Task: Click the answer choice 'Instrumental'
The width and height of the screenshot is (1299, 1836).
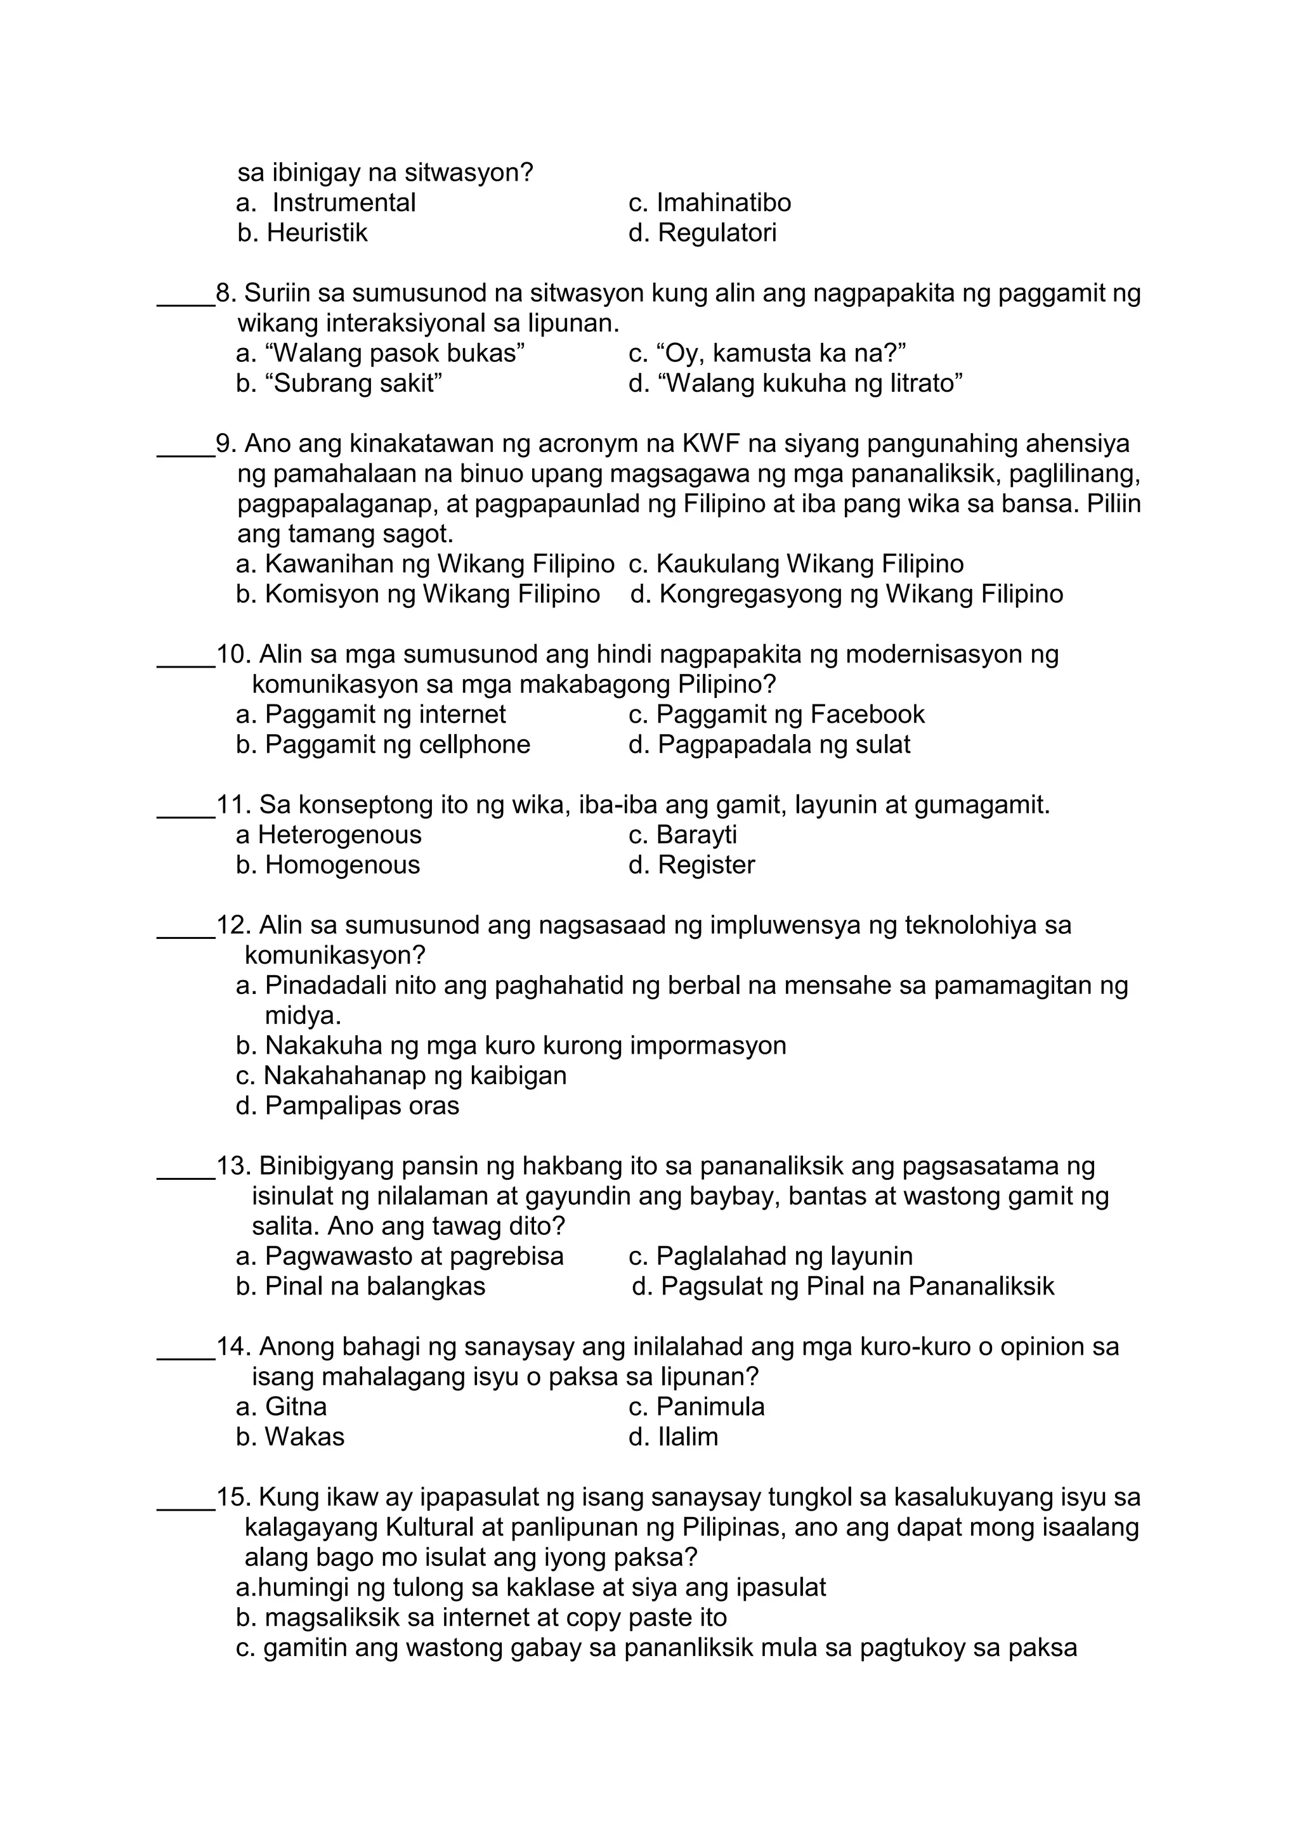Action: pos(343,203)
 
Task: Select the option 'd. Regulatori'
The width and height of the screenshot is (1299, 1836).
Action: pos(702,233)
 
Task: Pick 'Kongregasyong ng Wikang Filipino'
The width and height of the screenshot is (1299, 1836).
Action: pos(846,594)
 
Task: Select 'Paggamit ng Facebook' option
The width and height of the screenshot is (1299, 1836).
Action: pos(776,714)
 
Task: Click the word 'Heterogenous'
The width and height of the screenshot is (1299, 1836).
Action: pos(339,835)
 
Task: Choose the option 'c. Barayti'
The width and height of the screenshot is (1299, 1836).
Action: pos(682,835)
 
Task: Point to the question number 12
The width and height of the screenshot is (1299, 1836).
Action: pos(233,925)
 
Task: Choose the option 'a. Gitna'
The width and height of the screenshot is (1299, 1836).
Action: pos(282,1407)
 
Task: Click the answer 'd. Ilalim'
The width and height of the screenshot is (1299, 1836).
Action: pos(673,1437)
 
